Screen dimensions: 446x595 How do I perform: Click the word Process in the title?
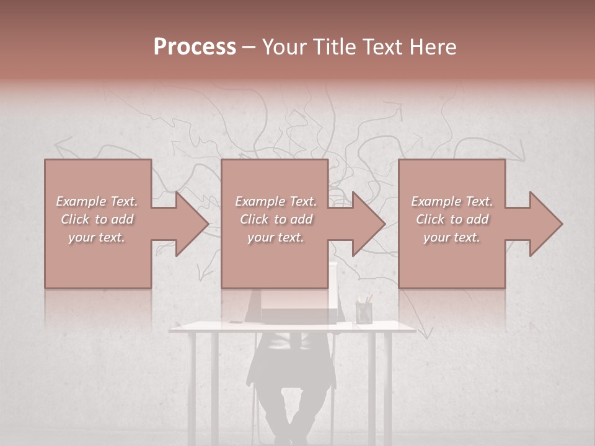click(195, 47)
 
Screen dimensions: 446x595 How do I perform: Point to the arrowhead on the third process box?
click(545, 224)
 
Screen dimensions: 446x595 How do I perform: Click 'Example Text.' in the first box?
click(97, 201)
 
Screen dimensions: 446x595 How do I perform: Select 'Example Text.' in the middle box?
click(275, 201)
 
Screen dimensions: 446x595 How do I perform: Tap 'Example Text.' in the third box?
click(452, 201)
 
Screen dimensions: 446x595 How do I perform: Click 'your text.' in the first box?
click(97, 237)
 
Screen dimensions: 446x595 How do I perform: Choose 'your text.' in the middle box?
click(275, 237)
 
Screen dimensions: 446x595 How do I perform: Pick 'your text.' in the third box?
click(452, 237)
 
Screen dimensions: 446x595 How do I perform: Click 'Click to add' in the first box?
click(97, 219)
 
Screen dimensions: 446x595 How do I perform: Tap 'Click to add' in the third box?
click(452, 219)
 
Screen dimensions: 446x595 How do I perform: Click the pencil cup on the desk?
click(364, 311)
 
